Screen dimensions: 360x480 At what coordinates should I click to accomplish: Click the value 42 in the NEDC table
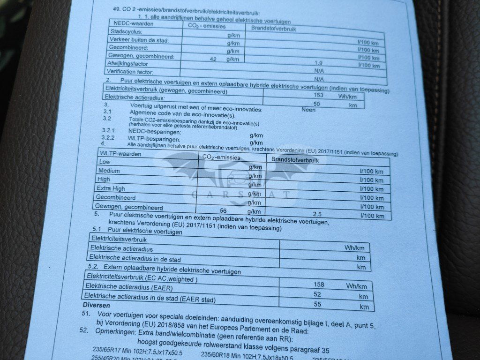pyautogui.click(x=213, y=60)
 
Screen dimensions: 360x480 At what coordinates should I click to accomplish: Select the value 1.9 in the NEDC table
pyautogui.click(x=319, y=63)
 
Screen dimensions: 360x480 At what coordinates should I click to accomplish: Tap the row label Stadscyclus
pyautogui.click(x=122, y=31)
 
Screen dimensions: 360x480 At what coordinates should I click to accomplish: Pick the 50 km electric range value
pyautogui.click(x=316, y=104)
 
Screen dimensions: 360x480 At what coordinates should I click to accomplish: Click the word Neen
pyautogui.click(x=309, y=110)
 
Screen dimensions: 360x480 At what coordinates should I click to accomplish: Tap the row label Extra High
pyautogui.click(x=111, y=188)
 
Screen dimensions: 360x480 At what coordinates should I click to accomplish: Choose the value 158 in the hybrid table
pyautogui.click(x=319, y=284)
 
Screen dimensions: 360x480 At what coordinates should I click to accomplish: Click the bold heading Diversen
pyautogui.click(x=96, y=305)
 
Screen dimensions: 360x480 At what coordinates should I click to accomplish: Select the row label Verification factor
pyautogui.click(x=130, y=72)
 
